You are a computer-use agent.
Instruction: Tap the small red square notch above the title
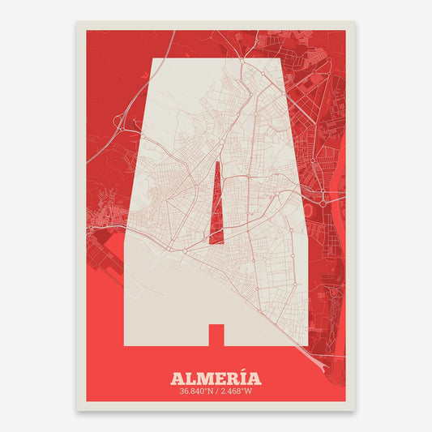(x=216, y=333)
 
